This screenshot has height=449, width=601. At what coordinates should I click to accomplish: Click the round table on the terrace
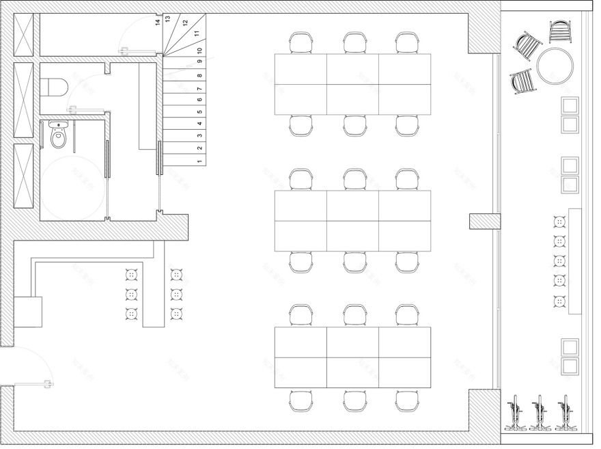555,66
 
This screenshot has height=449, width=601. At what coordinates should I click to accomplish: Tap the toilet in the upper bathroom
54,87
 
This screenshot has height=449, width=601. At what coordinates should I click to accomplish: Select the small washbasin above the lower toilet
59,126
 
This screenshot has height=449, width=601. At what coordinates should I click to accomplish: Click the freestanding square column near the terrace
476,221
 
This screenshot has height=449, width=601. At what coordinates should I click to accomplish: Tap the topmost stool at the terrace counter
560,222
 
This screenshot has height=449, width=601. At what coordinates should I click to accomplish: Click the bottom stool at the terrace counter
560,301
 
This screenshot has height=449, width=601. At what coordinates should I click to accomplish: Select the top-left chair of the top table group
300,43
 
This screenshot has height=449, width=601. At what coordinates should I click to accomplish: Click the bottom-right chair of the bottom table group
406,401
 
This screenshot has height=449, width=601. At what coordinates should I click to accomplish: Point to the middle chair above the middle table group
354,180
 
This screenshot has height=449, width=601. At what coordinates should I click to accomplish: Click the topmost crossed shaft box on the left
24,34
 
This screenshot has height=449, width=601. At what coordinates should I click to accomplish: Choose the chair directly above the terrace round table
561,31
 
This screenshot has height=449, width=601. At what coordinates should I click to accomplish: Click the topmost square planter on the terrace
570,106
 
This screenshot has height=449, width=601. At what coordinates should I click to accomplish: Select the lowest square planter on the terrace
570,366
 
